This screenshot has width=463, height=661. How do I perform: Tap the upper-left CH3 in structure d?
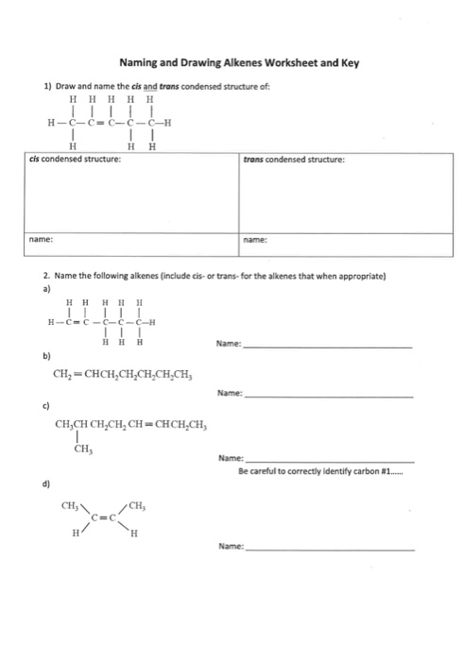pos(70,506)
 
